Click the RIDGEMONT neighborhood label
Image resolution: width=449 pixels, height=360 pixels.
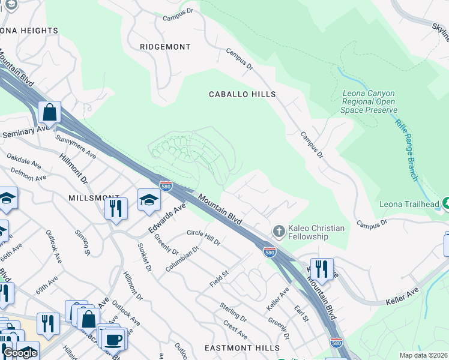(x=165, y=47)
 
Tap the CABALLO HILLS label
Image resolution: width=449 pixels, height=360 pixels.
(x=242, y=94)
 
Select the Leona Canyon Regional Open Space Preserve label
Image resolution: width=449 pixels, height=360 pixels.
(x=369, y=101)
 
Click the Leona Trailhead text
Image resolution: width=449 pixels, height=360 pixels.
(x=409, y=204)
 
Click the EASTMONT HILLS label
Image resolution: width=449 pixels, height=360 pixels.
(x=242, y=348)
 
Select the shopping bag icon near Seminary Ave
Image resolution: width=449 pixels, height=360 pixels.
(x=50, y=112)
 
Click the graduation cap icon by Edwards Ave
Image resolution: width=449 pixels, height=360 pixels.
(x=149, y=200)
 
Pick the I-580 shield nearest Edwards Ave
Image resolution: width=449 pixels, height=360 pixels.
(x=166, y=186)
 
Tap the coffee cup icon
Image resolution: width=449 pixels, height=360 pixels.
(x=112, y=339)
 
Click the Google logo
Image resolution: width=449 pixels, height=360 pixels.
(x=20, y=353)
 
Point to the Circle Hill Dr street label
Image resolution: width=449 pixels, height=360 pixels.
(x=203, y=238)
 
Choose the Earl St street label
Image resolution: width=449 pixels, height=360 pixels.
(x=301, y=313)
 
